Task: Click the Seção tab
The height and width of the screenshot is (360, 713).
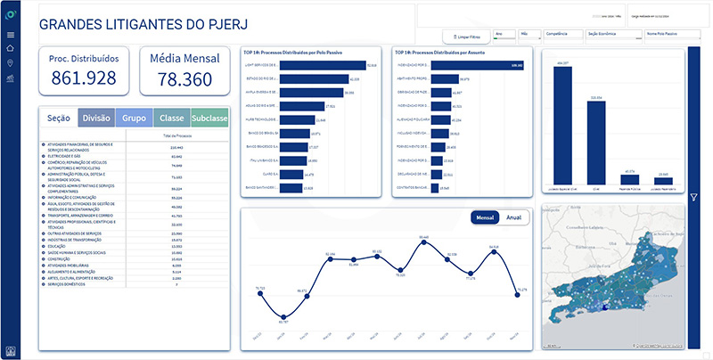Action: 59,118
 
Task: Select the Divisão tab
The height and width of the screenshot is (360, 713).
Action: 96,118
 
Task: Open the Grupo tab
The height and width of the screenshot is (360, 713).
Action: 135,118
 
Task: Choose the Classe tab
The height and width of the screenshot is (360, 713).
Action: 172,118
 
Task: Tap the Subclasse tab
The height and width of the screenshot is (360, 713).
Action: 209,118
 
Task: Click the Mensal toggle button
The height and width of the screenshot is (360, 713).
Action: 486,217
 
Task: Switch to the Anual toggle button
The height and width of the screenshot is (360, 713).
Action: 514,217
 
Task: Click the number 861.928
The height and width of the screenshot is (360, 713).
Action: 85,78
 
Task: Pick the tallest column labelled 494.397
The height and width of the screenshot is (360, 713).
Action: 562,125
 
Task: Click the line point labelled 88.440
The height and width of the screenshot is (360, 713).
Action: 424,241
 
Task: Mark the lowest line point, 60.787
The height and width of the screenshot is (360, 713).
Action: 283,316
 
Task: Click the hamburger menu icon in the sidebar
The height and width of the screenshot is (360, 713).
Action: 11,34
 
